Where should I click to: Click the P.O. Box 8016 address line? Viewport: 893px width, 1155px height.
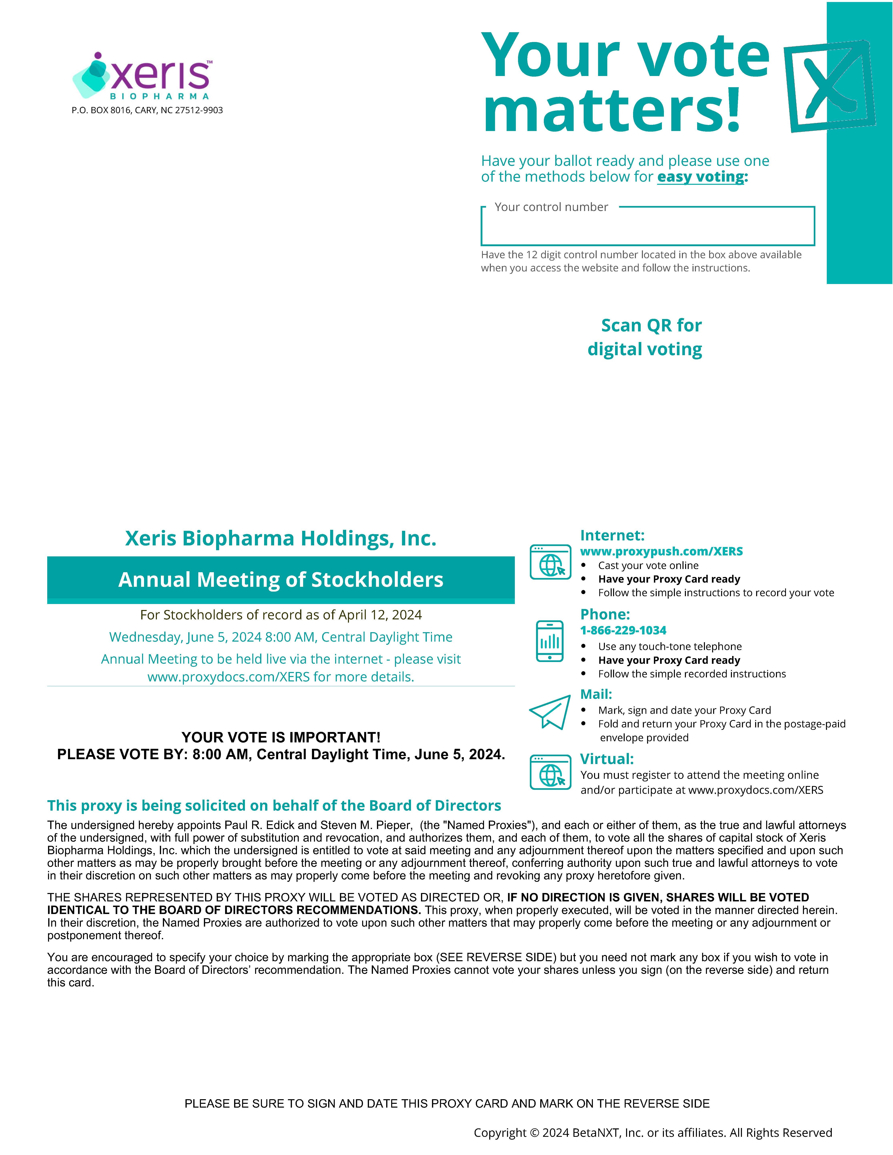(147, 110)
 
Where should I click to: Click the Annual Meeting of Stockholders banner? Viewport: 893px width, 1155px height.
(281, 580)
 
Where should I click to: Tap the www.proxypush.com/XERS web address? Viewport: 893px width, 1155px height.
(661, 551)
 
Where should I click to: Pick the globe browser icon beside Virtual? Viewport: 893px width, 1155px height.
(550, 772)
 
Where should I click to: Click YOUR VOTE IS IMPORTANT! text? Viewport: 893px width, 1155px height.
(281, 737)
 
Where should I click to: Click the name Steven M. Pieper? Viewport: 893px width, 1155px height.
(366, 825)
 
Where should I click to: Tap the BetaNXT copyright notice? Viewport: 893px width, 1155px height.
(652, 1132)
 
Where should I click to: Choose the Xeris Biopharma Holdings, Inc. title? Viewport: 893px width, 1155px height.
(281, 538)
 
